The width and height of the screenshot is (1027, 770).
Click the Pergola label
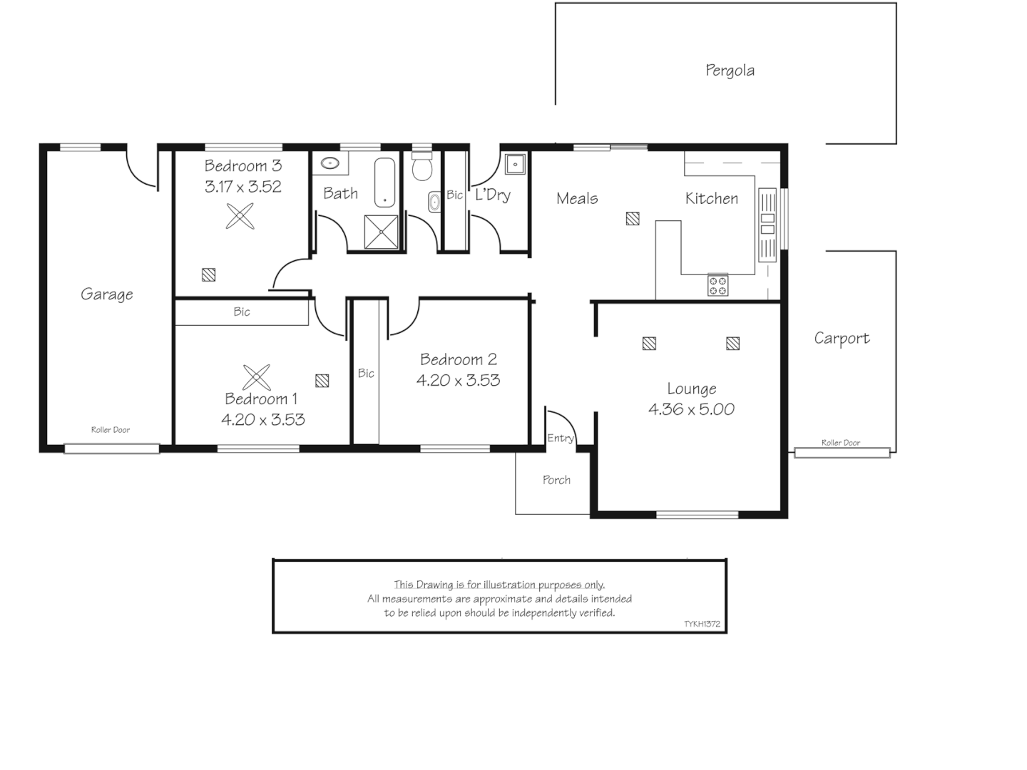[730, 70]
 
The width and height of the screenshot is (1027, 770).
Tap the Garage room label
[107, 294]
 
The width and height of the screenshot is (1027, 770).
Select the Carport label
[842, 338]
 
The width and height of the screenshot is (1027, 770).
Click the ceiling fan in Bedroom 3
[240, 216]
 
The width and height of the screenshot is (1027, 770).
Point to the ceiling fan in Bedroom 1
[257, 377]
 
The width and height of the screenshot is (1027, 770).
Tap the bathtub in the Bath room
[384, 183]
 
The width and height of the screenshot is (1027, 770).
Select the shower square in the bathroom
[382, 232]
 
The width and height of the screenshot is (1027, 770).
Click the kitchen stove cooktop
[717, 285]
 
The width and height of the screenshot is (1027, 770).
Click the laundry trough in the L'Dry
[515, 164]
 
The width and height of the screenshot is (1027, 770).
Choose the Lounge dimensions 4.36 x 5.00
[691, 409]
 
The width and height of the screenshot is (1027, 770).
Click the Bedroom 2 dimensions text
[458, 380]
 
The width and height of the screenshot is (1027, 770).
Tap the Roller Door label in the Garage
[111, 429]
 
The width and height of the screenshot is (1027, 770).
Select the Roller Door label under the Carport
[841, 442]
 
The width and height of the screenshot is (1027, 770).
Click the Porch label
[556, 480]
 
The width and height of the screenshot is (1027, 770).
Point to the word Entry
[561, 438]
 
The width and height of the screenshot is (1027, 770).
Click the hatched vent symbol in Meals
[633, 219]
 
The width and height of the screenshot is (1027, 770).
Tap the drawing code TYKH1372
[702, 624]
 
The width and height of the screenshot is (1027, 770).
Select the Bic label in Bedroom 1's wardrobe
[242, 312]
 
